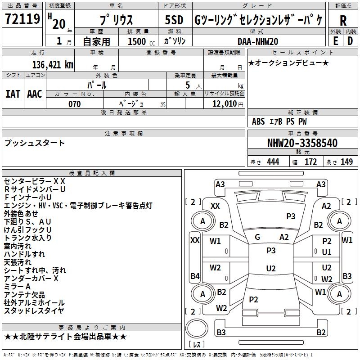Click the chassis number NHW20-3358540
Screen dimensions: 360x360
[302, 143]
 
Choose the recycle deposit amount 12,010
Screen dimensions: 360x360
[224, 104]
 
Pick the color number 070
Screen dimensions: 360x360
[74, 104]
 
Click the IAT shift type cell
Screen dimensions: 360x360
[13, 94]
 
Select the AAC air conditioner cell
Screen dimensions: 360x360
[35, 94]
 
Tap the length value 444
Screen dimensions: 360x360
[273, 162]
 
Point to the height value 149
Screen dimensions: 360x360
[346, 162]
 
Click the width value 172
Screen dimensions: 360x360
[310, 162]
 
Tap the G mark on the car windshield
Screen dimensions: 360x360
[257, 237]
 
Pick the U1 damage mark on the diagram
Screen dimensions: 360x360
[327, 252]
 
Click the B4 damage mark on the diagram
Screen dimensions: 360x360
[195, 276]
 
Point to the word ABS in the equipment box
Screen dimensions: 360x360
[258, 121]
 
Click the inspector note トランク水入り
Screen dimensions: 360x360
[27, 238]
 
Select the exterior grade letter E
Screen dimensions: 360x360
[335, 41]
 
